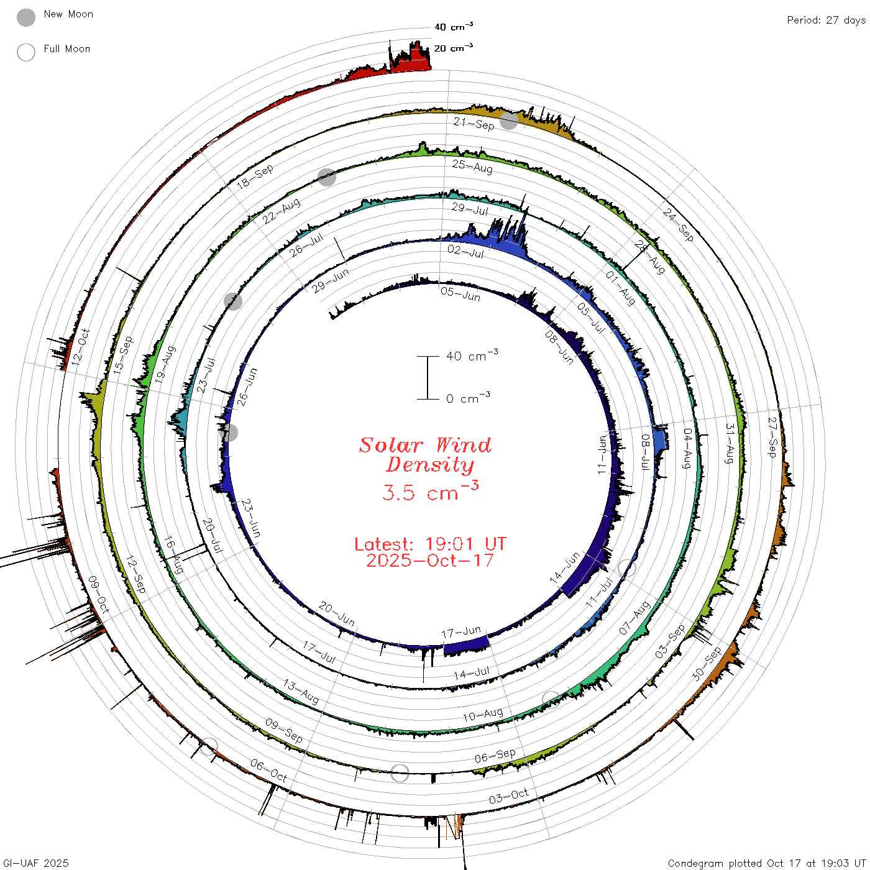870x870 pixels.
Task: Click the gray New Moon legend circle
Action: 26,17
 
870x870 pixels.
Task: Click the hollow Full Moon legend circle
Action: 26,52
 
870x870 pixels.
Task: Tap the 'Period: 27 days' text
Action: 826,21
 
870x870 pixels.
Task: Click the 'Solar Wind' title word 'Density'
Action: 430,465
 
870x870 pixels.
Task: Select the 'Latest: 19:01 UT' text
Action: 430,544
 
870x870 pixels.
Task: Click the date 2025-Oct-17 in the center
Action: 430,561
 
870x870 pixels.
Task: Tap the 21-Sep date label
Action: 474,123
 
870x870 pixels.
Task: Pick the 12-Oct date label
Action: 80,347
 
